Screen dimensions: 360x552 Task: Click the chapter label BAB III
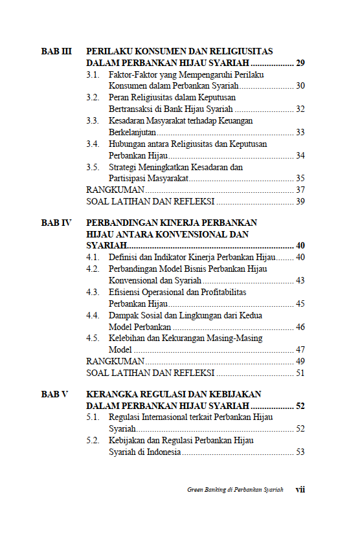pos(56,50)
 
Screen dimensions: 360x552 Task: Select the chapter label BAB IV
pos(56,222)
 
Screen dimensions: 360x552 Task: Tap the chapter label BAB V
pos(55,393)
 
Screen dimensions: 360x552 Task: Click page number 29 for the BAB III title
pos(300,63)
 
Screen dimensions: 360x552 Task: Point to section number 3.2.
pos(93,97)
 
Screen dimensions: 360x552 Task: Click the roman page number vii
pos(300,490)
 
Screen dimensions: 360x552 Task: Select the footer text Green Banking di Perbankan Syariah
pos(231,490)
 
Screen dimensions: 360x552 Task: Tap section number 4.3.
pos(93,292)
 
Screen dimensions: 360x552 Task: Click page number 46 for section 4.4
pos(300,327)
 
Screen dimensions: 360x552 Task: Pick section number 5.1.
pos(93,417)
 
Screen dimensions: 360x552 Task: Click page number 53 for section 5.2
pos(300,452)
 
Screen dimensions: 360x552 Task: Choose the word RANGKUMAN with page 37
pos(115,190)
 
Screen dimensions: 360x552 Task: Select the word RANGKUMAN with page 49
pos(115,361)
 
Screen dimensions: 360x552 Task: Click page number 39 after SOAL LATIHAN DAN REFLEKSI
pos(300,201)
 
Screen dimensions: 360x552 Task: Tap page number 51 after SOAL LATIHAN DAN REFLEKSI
pos(300,373)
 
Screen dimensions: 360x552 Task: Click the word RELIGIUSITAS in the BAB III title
pos(240,50)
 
